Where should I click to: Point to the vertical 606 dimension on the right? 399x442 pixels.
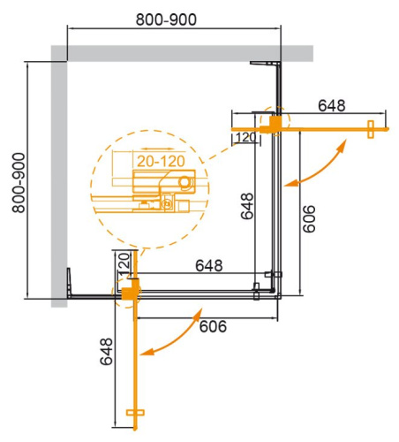[x=309, y=213]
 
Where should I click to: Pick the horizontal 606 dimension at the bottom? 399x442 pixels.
[x=213, y=327]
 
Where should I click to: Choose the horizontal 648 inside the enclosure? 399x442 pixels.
[x=208, y=265]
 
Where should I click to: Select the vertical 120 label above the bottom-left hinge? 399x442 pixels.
[x=124, y=263]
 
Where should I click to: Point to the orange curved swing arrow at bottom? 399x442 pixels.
[x=171, y=339]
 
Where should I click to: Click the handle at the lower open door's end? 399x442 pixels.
[x=135, y=413]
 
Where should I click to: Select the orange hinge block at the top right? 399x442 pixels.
[x=277, y=123]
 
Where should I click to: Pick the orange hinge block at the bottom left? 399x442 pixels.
[x=130, y=288]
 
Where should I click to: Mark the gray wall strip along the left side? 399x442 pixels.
[x=59, y=177]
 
